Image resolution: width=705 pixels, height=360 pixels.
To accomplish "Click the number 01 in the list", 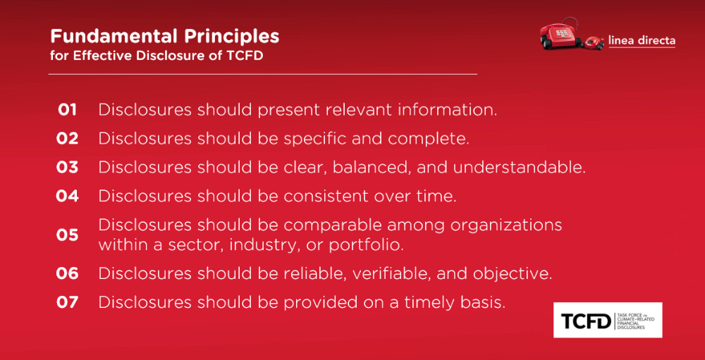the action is click(67, 110).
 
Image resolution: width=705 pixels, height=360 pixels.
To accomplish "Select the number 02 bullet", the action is click(68, 138).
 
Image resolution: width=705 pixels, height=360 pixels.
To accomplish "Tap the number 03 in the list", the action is click(68, 167).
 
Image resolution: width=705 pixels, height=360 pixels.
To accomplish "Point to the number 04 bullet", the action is click(68, 196).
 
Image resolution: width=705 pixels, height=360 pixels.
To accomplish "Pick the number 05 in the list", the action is click(68, 235).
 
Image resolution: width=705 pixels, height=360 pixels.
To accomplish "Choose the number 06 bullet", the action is click(68, 273).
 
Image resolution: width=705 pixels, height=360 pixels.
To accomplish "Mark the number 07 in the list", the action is click(68, 302).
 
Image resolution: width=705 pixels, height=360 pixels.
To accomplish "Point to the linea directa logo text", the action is click(642, 40).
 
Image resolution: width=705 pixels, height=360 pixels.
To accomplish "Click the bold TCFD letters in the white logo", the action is click(587, 321).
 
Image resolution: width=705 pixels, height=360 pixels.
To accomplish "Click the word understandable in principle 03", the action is click(520, 167).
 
